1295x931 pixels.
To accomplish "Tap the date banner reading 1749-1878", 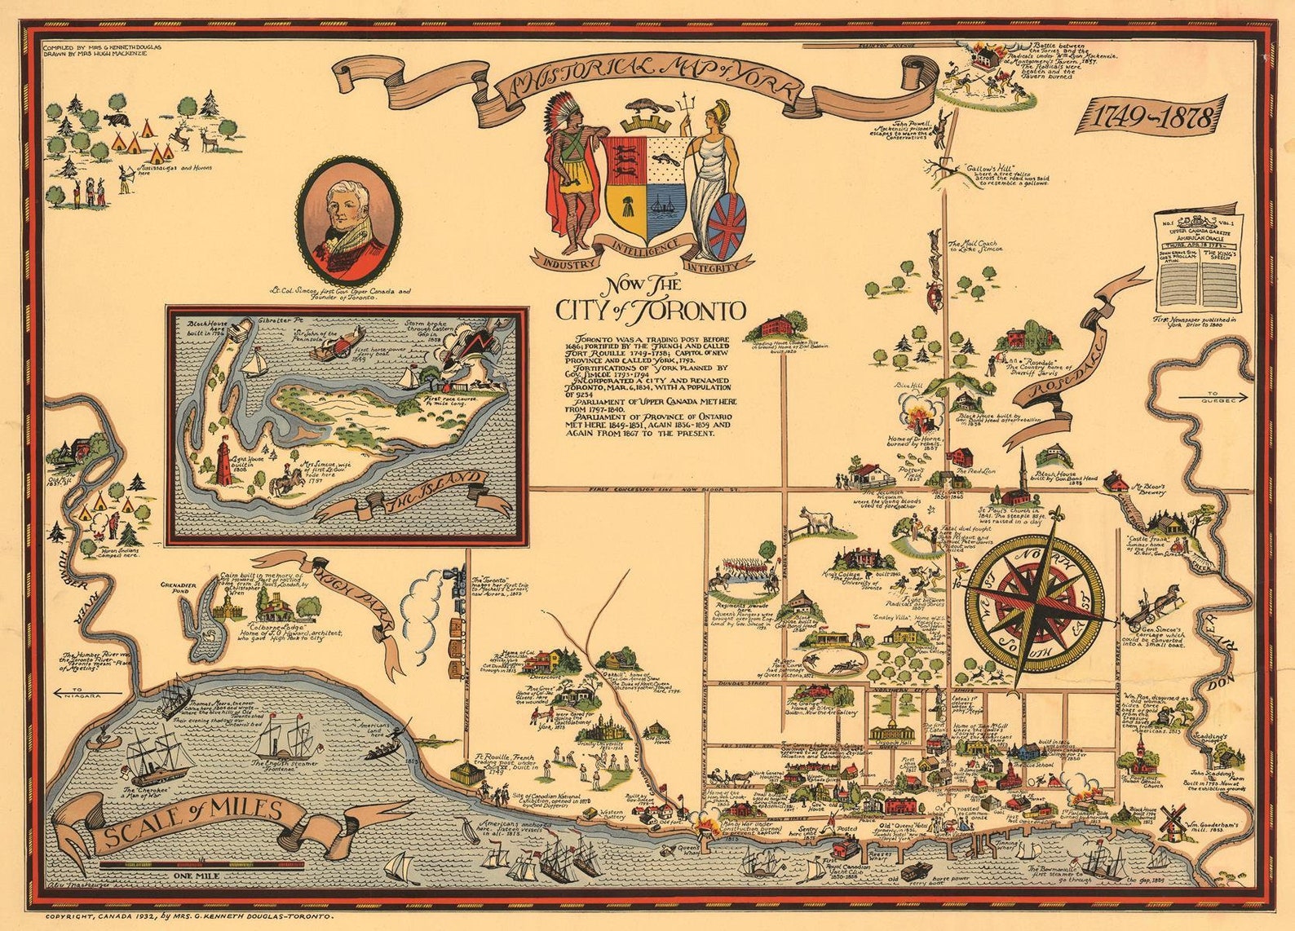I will coord(1147,117).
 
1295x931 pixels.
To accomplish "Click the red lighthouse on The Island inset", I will coord(222,461).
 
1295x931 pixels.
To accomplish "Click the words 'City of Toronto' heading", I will coord(650,311).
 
